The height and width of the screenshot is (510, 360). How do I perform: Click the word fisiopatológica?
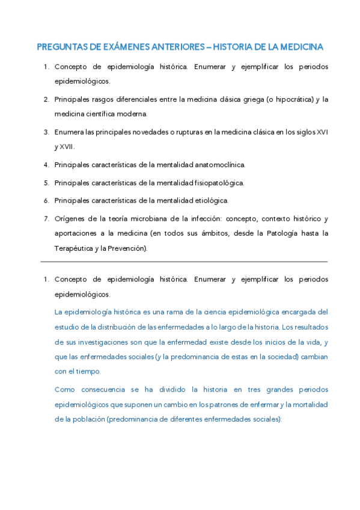(217, 182)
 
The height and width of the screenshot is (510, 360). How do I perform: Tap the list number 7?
(46, 218)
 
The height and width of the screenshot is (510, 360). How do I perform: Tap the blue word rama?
(181, 312)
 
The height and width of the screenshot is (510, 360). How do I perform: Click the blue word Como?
(65, 390)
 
